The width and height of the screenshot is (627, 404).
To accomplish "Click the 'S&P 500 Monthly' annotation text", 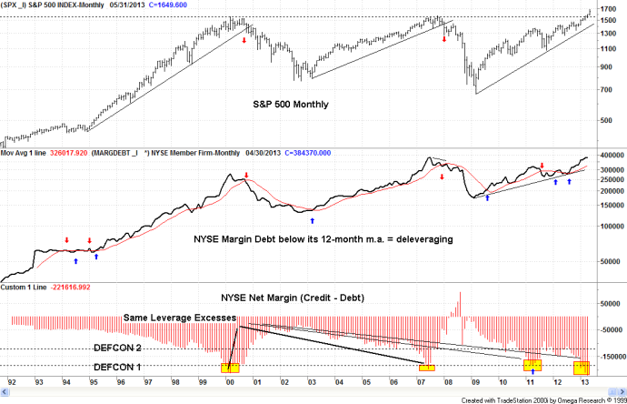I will [x=290, y=105].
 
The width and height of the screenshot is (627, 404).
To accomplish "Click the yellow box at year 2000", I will [x=230, y=368].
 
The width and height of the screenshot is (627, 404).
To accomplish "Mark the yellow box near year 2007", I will [x=426, y=367].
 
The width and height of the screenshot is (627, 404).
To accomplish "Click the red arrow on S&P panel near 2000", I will [x=244, y=39].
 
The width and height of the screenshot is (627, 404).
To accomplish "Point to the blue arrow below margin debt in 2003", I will [x=313, y=220].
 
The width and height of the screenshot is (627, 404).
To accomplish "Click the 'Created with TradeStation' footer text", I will [x=541, y=399].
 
